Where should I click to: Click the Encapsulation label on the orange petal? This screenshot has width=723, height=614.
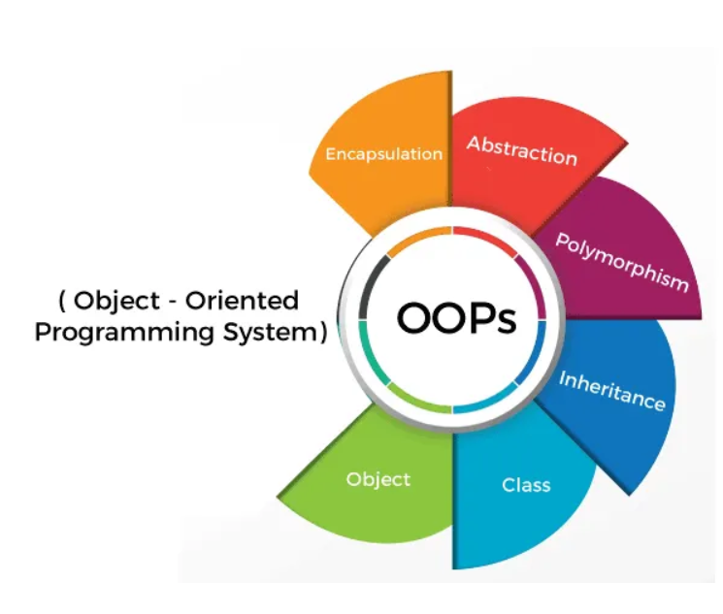(x=383, y=153)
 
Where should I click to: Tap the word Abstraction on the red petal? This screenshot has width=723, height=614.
(x=522, y=150)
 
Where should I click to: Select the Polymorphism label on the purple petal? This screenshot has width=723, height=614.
(x=622, y=262)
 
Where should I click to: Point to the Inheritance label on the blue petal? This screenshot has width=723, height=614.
(x=611, y=390)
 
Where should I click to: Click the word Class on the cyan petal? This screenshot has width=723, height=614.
(x=526, y=484)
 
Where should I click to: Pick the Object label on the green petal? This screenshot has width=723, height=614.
(x=378, y=479)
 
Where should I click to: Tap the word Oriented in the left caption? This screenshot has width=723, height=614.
(x=247, y=301)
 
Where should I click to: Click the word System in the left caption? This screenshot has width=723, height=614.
(x=269, y=332)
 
